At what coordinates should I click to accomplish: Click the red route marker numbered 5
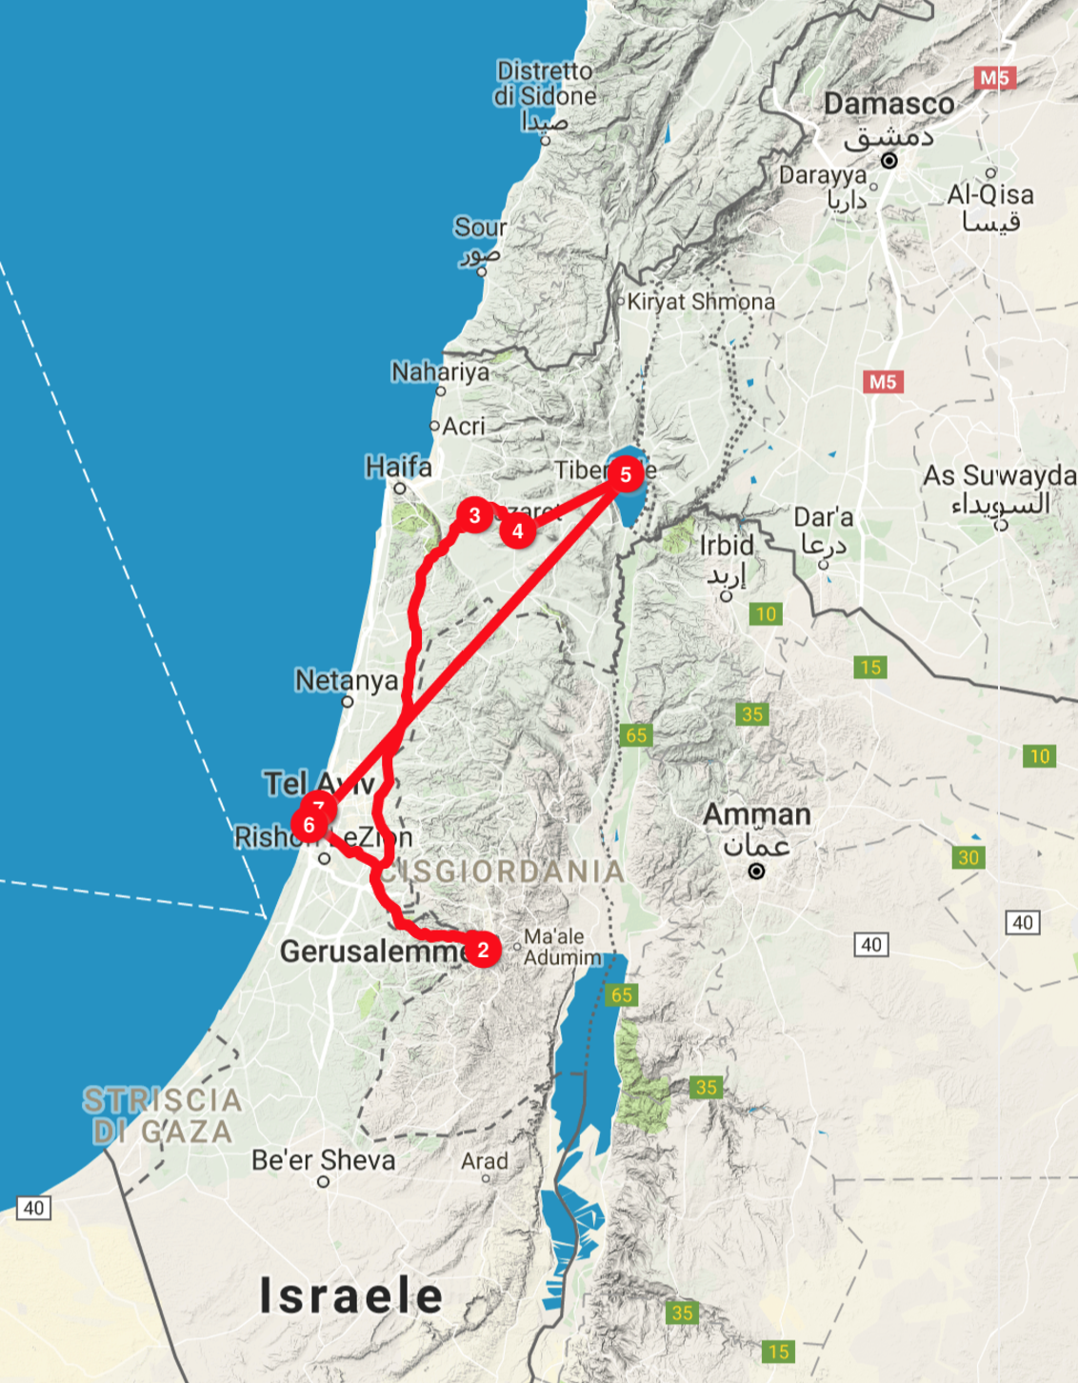pyautogui.click(x=626, y=474)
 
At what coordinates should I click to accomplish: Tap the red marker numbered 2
pyautogui.click(x=483, y=950)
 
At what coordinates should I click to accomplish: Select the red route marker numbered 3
pyautogui.click(x=474, y=515)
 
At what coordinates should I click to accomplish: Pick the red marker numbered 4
pyautogui.click(x=518, y=531)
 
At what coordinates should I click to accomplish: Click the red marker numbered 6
pyautogui.click(x=309, y=825)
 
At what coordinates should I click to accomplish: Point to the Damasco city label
pyautogui.click(x=888, y=104)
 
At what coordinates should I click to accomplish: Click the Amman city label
pyautogui.click(x=757, y=815)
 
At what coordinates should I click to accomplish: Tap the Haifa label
pyautogui.click(x=399, y=467)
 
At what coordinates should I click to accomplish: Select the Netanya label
pyautogui.click(x=347, y=680)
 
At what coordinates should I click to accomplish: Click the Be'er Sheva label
pyautogui.click(x=324, y=1160)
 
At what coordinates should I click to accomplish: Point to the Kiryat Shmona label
pyautogui.click(x=701, y=302)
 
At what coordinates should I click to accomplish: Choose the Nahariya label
pyautogui.click(x=440, y=371)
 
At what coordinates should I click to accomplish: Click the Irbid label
pyautogui.click(x=727, y=546)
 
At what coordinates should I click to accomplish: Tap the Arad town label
pyautogui.click(x=485, y=1161)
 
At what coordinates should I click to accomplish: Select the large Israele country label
pyautogui.click(x=351, y=1295)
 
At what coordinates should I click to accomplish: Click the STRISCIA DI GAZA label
pyautogui.click(x=162, y=1115)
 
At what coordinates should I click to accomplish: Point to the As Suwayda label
pyautogui.click(x=999, y=475)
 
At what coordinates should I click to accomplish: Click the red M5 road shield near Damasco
pyautogui.click(x=994, y=78)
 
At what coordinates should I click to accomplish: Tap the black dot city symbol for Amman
pyautogui.click(x=756, y=871)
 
